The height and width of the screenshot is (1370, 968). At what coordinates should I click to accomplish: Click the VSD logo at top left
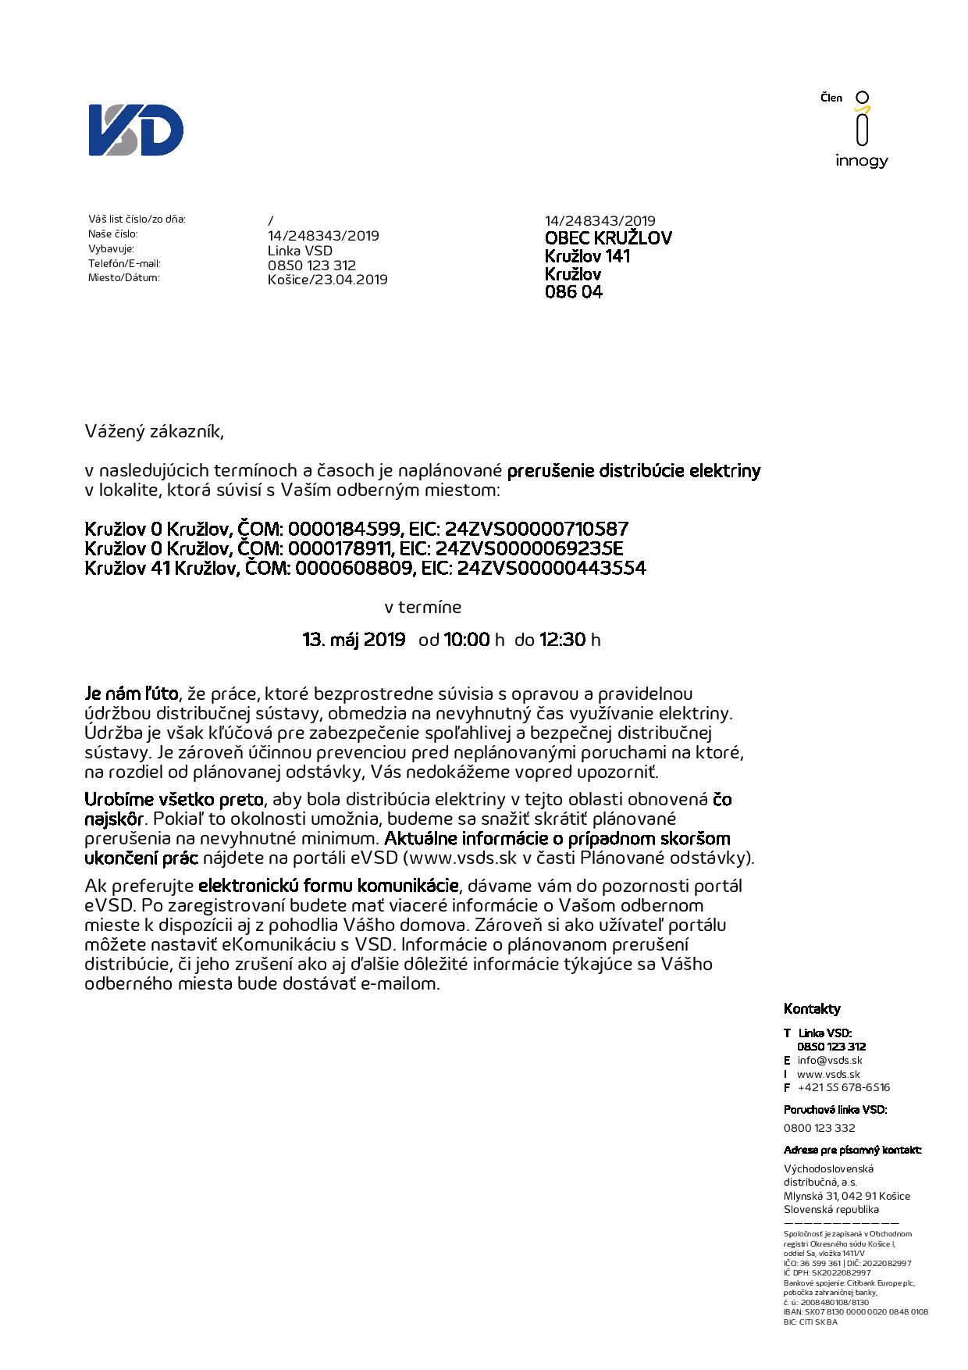136,130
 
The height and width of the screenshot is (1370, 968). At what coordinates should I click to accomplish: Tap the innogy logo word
862,161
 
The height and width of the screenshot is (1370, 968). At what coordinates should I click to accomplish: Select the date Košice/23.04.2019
327,280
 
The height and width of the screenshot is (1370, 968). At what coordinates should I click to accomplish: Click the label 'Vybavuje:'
112,248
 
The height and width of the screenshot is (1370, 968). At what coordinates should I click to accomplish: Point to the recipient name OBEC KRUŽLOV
608,238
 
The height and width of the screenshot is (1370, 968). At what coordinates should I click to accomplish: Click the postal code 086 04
574,293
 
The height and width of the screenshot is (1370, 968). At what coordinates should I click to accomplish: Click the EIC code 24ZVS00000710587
536,529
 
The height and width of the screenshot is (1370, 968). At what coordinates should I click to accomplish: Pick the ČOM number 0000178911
343,548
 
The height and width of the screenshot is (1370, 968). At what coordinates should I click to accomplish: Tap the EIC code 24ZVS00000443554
553,568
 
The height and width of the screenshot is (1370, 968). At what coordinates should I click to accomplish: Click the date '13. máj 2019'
354,640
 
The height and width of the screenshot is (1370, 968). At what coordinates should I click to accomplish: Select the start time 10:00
466,640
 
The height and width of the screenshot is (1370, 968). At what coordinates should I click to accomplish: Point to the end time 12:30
562,640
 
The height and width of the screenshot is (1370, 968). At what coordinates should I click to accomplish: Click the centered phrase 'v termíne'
423,607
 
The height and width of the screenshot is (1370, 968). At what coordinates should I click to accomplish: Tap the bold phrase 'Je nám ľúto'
132,694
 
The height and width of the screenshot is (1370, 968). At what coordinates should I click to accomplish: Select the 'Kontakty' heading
812,1008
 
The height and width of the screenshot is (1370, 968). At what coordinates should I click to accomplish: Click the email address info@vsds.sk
830,1060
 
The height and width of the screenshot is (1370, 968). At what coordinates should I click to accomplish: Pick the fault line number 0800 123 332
819,1128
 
